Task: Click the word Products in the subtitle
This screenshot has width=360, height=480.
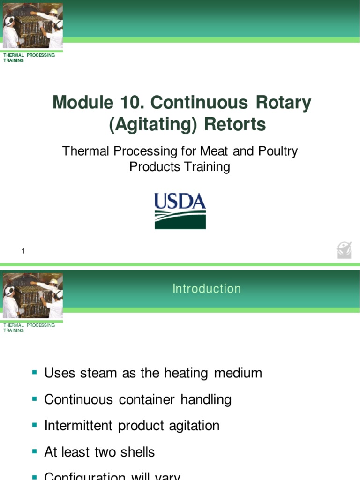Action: (x=152, y=167)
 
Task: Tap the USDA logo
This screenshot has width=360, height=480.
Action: (x=180, y=211)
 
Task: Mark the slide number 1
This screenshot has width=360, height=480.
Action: (x=23, y=251)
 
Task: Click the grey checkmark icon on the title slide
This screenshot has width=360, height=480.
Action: (x=344, y=250)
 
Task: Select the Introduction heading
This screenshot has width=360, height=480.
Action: (x=206, y=289)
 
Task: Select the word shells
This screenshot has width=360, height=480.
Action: (x=137, y=452)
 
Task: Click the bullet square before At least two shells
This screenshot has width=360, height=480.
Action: (x=35, y=451)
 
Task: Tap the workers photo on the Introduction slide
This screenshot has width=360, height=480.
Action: (x=33, y=295)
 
